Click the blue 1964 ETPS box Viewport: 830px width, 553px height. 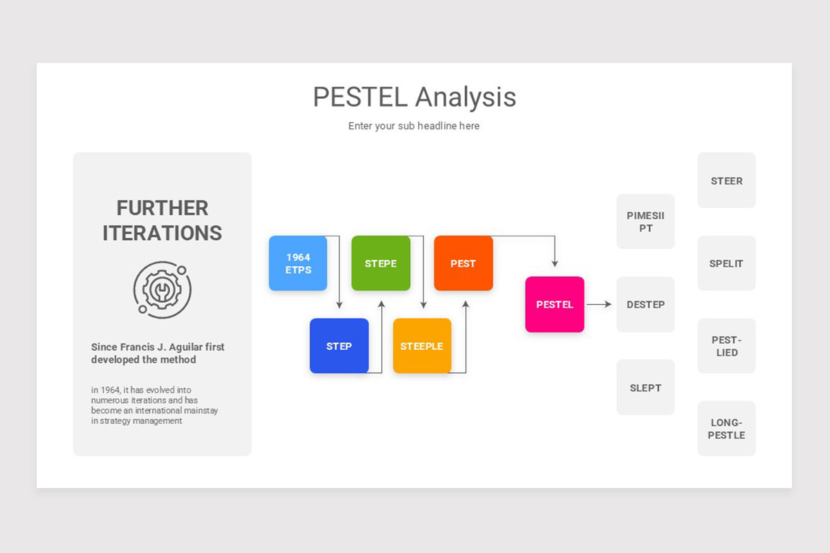(x=297, y=263)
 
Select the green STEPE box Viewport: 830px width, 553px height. (x=380, y=263)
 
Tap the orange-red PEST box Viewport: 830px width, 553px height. (x=463, y=263)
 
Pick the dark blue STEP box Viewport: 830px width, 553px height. (x=339, y=346)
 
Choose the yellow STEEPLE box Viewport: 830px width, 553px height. (x=422, y=346)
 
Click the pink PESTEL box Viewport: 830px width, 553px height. (x=555, y=305)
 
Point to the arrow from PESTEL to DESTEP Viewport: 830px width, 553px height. (x=599, y=304)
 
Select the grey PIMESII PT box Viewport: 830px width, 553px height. (x=645, y=222)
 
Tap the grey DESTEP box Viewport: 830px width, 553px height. (x=645, y=305)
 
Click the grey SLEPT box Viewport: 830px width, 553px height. (x=645, y=388)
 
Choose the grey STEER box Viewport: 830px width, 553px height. (x=726, y=180)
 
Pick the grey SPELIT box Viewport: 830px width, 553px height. (x=726, y=263)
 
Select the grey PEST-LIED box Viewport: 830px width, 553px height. (x=726, y=346)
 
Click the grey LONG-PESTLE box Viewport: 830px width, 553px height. (x=726, y=429)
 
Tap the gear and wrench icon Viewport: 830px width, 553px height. (x=162, y=289)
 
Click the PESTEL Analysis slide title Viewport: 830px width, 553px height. (x=414, y=97)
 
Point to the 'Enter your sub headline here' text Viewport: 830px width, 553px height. (x=414, y=126)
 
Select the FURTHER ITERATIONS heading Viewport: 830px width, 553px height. (x=162, y=221)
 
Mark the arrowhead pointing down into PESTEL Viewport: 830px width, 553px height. (x=555, y=263)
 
